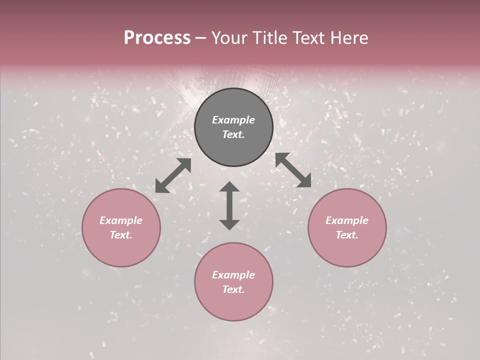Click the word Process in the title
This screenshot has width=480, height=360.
coord(157,38)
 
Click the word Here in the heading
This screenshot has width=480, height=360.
coord(349,38)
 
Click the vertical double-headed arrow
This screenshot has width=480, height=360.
coord(229,205)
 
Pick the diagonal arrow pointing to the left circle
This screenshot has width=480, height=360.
coord(173,175)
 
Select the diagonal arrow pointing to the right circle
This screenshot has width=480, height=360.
coord(293,170)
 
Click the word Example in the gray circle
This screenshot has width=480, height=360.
coord(233,120)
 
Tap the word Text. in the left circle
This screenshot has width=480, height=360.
coord(121,235)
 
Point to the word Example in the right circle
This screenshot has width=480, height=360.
coord(347,220)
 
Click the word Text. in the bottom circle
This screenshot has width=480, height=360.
coord(233,289)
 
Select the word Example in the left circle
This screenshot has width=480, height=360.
coord(121,220)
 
